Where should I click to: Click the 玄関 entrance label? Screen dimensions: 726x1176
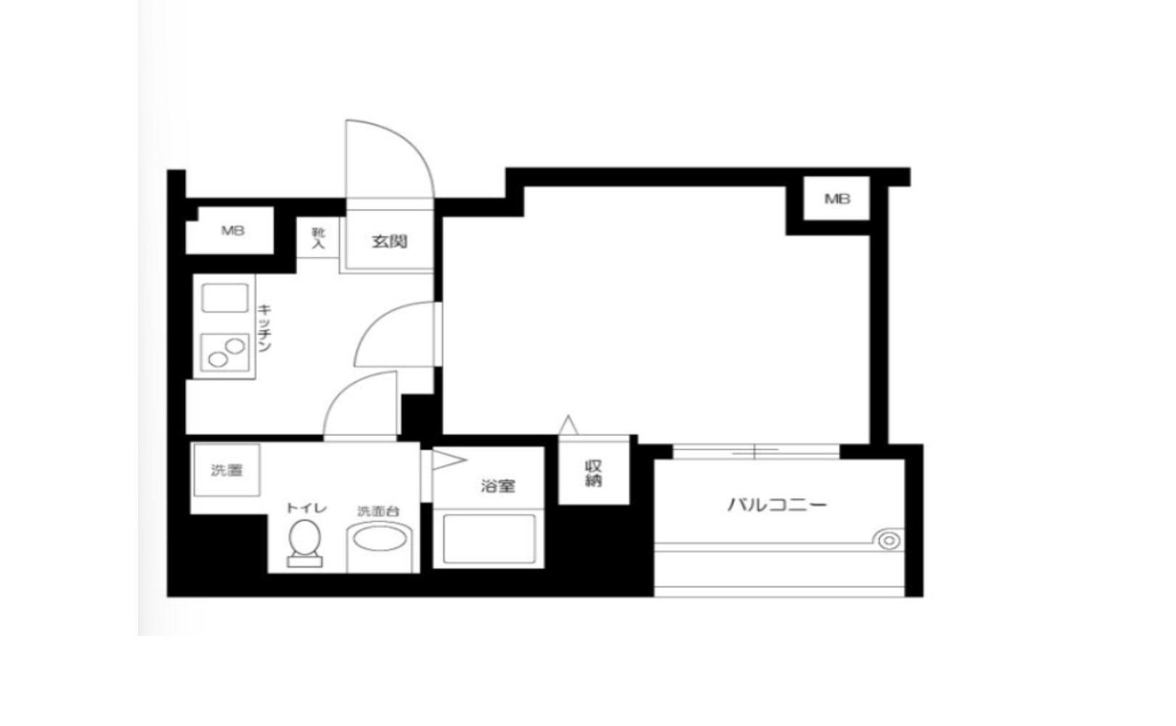point(390,242)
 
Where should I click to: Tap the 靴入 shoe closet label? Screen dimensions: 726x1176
point(318,238)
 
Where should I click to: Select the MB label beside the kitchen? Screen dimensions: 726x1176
point(232,231)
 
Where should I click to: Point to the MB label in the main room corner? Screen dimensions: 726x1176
point(837,198)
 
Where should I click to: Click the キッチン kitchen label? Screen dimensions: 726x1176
point(264,327)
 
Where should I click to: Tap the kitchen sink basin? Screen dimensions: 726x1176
point(224,298)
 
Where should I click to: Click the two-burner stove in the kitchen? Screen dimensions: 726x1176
point(224,352)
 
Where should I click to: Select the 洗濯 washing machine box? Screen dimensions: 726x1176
point(226,470)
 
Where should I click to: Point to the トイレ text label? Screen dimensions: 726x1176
point(306,507)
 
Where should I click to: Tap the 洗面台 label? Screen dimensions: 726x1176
point(378,510)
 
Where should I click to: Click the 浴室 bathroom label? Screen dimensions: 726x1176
point(498,486)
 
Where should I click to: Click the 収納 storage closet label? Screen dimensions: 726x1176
point(593,473)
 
